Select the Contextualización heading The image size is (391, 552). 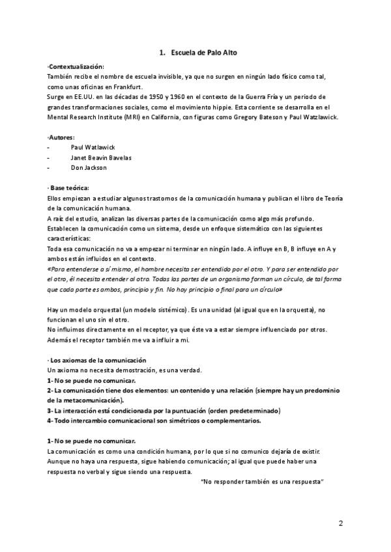click(x=76, y=66)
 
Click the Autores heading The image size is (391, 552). click(x=62, y=137)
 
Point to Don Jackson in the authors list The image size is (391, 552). click(x=89, y=167)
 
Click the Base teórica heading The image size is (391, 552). click(x=70, y=187)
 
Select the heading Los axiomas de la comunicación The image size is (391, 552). click(x=98, y=360)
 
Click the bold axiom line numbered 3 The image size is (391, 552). click(x=164, y=410)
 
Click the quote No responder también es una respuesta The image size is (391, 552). click(x=263, y=481)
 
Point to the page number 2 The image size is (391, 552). click(x=341, y=524)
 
